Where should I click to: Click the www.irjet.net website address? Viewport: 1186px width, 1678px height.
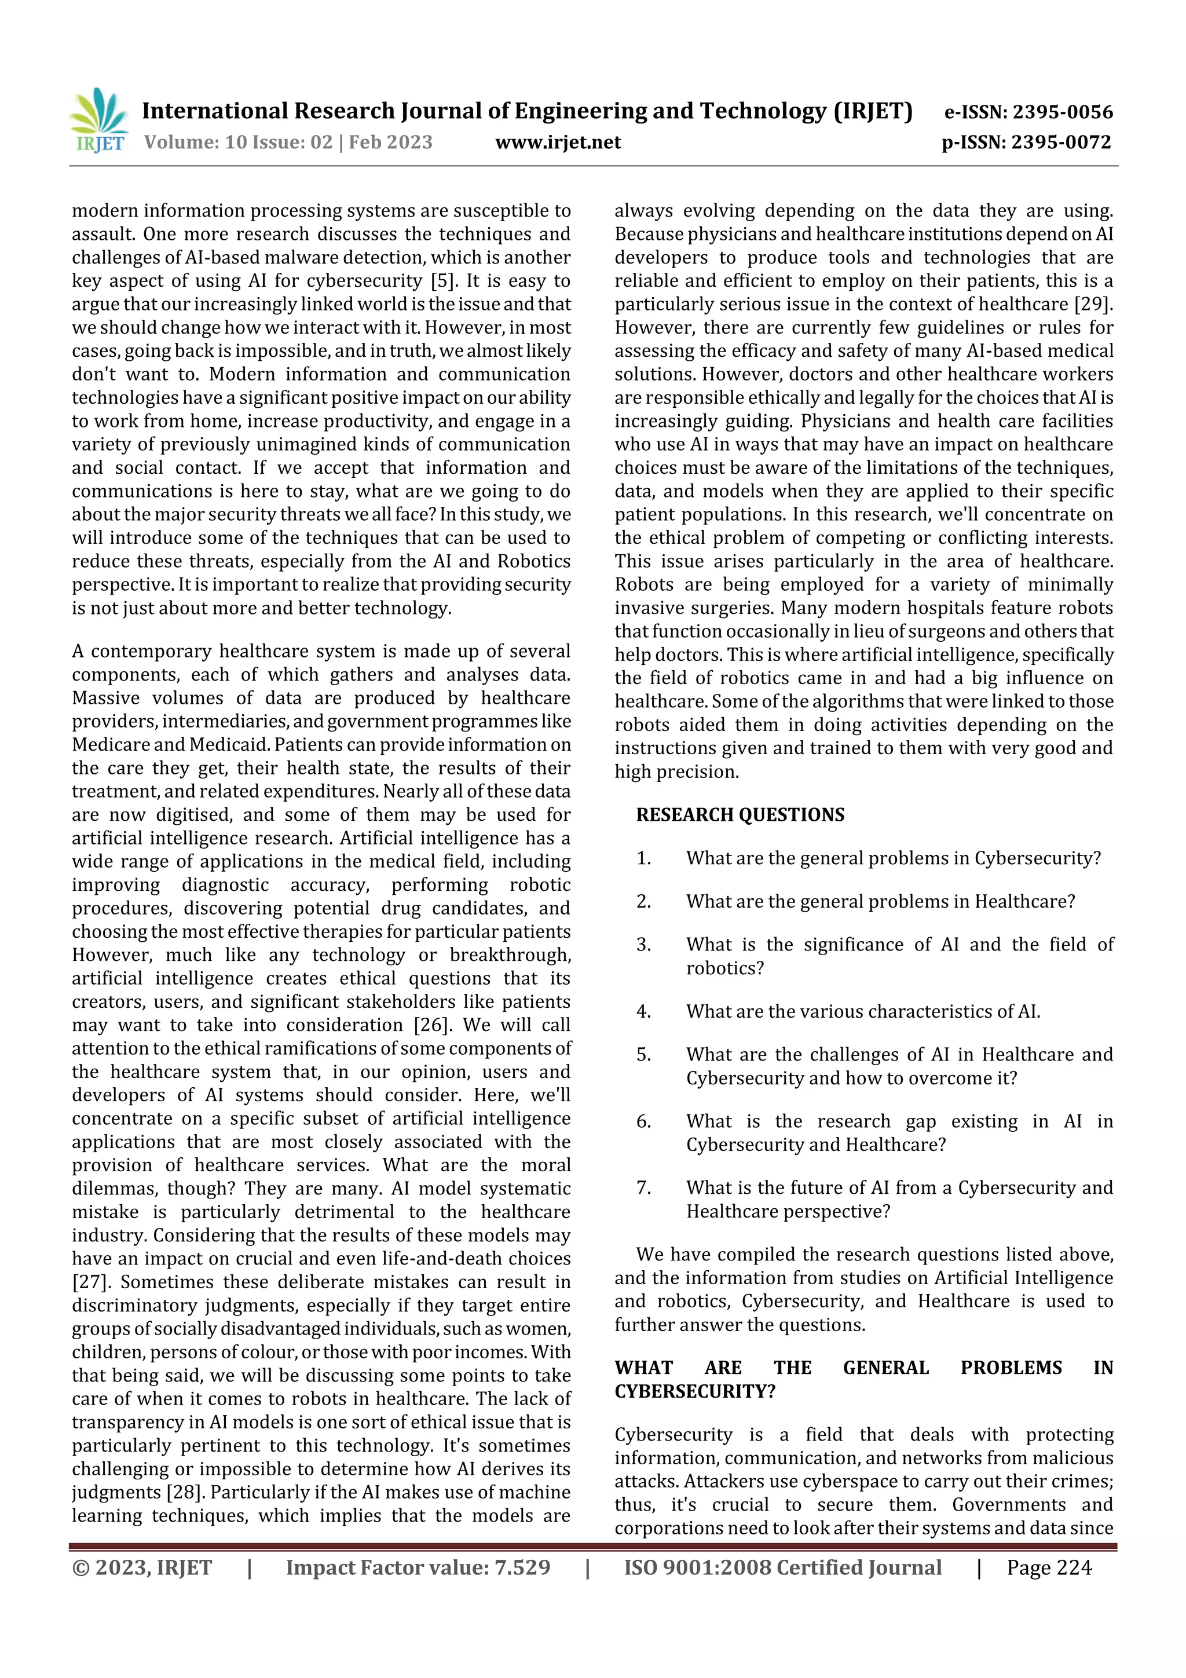tap(558, 142)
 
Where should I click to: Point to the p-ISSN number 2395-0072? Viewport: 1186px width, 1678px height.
tap(1061, 142)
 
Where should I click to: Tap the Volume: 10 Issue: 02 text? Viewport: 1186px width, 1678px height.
tap(238, 142)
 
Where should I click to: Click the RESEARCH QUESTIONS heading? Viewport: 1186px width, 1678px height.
tap(740, 815)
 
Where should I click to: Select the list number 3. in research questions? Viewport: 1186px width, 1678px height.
tap(643, 945)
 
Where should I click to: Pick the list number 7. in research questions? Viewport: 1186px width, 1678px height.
tap(643, 1189)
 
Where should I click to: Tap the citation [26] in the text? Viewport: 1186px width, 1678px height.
tap(430, 1025)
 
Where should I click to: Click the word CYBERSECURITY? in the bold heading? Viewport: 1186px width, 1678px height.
tap(694, 1391)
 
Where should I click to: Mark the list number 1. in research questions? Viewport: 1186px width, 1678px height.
tap(643, 859)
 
